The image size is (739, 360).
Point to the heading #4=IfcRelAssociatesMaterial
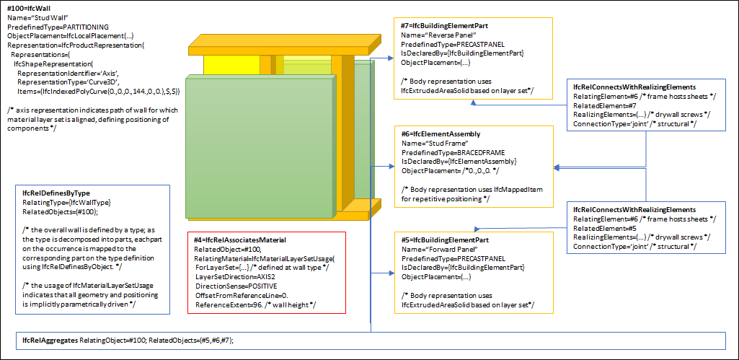(240, 240)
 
